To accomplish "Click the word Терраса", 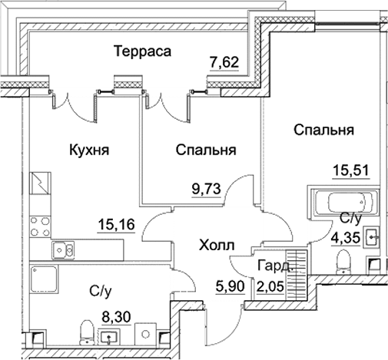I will pyautogui.click(x=141, y=51).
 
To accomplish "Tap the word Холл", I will pyautogui.click(x=216, y=246).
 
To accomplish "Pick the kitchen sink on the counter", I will pyautogui.click(x=62, y=249).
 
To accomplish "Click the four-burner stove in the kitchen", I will pyautogui.click(x=38, y=226).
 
